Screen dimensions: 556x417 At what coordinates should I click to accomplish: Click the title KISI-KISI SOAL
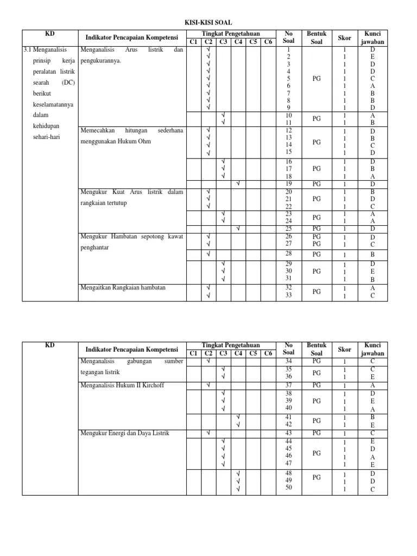(208, 23)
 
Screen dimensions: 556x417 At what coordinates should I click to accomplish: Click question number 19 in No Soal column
(288, 184)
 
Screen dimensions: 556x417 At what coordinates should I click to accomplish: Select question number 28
(288, 254)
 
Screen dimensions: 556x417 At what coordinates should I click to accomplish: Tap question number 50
(288, 488)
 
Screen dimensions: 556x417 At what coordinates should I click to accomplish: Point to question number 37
(288, 385)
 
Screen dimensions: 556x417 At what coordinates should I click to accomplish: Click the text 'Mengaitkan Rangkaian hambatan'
(123, 287)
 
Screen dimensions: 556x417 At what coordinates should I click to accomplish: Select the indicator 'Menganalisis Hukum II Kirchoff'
(122, 385)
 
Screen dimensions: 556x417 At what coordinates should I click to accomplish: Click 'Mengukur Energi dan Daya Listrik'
(125, 433)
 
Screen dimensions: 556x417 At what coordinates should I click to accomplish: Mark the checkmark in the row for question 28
(208, 254)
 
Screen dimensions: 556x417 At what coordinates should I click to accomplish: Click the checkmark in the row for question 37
(208, 385)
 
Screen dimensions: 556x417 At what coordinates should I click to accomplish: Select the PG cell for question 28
(317, 254)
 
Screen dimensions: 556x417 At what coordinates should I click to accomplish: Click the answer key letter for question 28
(372, 254)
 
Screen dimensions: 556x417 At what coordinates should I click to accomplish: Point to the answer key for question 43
(372, 433)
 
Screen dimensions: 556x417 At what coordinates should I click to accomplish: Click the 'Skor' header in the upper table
(345, 37)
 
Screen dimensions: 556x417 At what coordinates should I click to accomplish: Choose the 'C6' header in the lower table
(268, 353)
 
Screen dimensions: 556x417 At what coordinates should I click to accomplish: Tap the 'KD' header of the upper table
(49, 34)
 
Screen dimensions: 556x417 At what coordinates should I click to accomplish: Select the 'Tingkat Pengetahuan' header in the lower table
(230, 345)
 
